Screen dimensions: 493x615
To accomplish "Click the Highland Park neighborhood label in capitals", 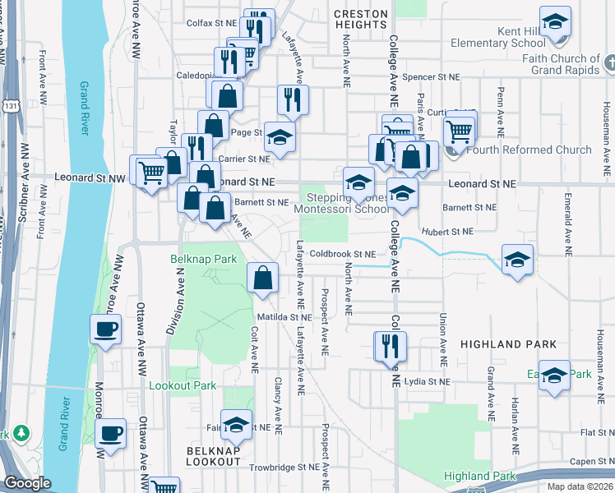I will pos(509,344).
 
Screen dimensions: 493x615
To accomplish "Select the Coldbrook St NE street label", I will pos(343,254).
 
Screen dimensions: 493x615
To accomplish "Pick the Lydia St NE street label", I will pos(428,382).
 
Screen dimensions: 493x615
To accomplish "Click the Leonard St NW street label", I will pos(90,177).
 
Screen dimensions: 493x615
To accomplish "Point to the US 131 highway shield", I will pos(7,105).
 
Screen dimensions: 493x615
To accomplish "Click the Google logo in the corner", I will pos(27,483).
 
